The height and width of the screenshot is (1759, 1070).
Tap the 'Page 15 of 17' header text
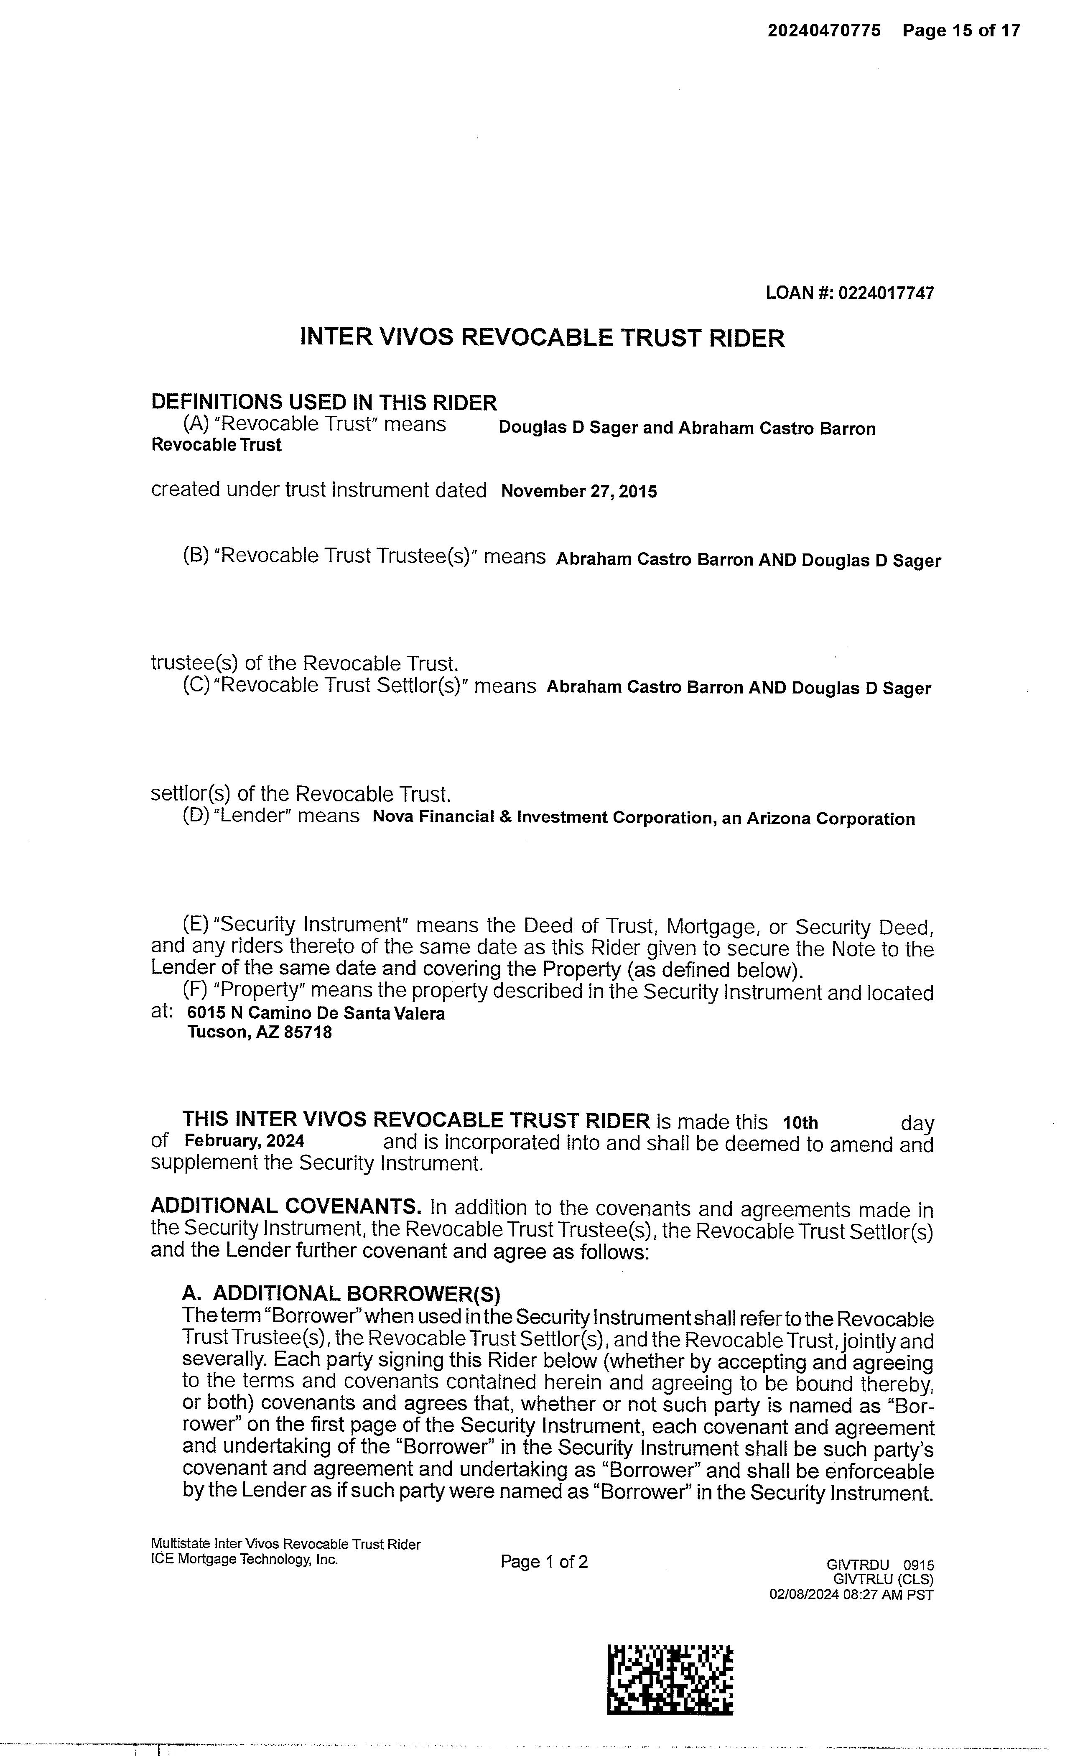click(961, 31)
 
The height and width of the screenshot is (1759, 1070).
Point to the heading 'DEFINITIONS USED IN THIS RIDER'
click(324, 403)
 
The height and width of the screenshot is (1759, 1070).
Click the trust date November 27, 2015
click(579, 491)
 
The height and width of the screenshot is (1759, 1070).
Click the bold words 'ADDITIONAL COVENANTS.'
click(285, 1206)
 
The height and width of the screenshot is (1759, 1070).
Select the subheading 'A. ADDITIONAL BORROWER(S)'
click(341, 1294)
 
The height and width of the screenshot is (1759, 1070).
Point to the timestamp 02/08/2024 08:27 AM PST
click(851, 1594)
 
